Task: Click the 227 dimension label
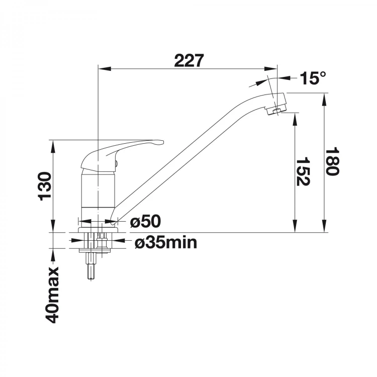pos(189,61)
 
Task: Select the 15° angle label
pos(313,78)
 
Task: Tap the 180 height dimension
pos(332,161)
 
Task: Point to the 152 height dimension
pos(302,172)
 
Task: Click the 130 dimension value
pos(45,186)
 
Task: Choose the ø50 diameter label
pos(145,221)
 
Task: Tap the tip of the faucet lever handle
pos(163,142)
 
